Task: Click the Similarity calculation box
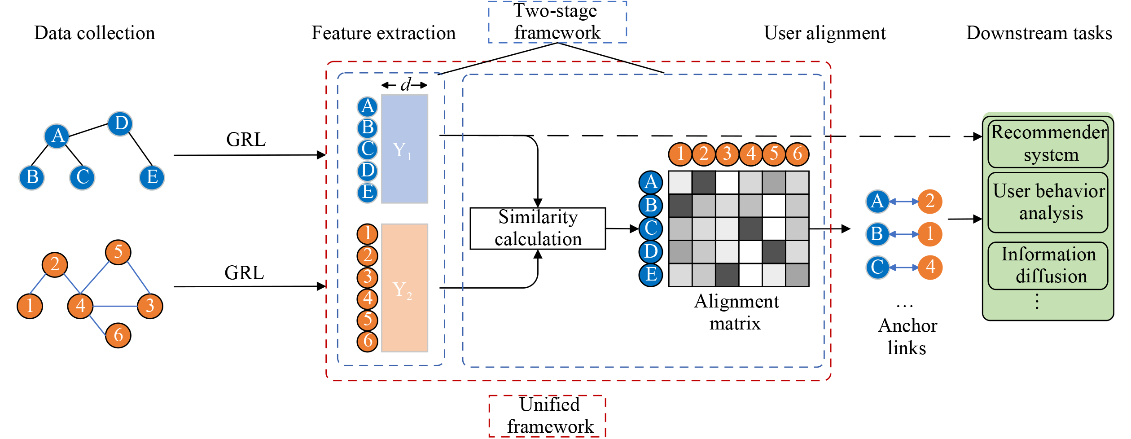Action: click(x=537, y=228)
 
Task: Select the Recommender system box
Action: click(x=1048, y=144)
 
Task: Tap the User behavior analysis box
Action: click(x=1048, y=202)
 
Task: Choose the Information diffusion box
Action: click(x=1048, y=265)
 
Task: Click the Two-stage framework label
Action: click(x=557, y=22)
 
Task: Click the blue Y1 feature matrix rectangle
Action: click(x=404, y=149)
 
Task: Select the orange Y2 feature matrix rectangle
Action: click(x=404, y=288)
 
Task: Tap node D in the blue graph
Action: click(x=120, y=123)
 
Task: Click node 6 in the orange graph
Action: click(x=118, y=335)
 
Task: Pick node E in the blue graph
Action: click(x=152, y=177)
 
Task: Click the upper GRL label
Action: click(x=245, y=140)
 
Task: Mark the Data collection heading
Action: click(x=94, y=33)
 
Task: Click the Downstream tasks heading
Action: click(x=1039, y=33)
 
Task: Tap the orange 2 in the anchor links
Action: click(x=929, y=201)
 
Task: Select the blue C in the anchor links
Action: click(x=877, y=268)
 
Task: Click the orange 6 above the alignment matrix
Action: click(x=797, y=154)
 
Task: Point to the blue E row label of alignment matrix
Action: click(x=650, y=274)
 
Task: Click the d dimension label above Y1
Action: click(x=405, y=84)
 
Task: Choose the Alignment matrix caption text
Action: click(x=736, y=312)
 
